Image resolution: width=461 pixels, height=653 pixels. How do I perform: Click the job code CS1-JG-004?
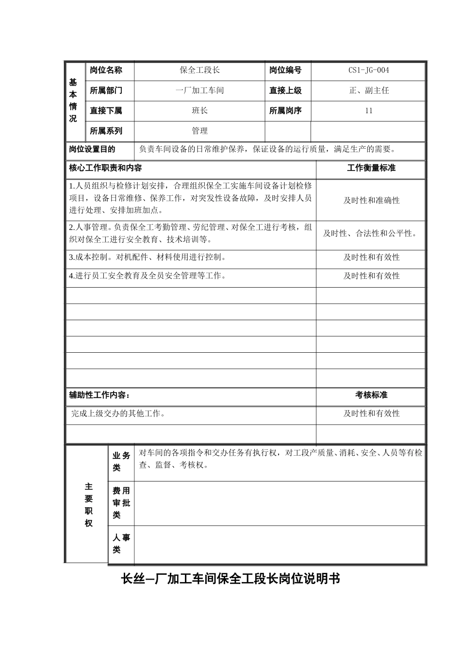[x=368, y=70]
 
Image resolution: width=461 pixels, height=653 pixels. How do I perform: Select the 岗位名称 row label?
[x=106, y=70]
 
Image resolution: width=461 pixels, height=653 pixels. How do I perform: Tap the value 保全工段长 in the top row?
[x=199, y=70]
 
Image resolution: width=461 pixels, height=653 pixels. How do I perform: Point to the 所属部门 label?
[x=106, y=90]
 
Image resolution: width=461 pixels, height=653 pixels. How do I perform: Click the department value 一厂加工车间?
[x=199, y=90]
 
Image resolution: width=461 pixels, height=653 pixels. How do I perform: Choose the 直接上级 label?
[x=285, y=90]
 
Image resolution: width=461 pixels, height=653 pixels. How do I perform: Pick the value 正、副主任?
[x=369, y=90]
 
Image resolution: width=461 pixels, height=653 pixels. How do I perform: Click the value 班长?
[x=199, y=111]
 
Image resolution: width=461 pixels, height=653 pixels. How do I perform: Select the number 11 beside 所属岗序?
[x=369, y=111]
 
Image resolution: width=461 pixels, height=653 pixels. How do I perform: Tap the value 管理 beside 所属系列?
[x=199, y=131]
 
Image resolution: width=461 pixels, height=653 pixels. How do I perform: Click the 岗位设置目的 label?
[x=92, y=149]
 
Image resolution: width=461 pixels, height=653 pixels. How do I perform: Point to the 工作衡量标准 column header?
[x=371, y=168]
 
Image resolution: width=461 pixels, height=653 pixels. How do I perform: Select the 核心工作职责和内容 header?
[x=105, y=168]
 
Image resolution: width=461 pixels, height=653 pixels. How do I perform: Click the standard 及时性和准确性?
[x=371, y=200]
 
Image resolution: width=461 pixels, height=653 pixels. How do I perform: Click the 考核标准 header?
[x=371, y=395]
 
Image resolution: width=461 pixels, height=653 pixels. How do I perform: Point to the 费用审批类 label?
[x=121, y=503]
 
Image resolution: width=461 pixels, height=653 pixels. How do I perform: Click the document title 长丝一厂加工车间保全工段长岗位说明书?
[x=230, y=579]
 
